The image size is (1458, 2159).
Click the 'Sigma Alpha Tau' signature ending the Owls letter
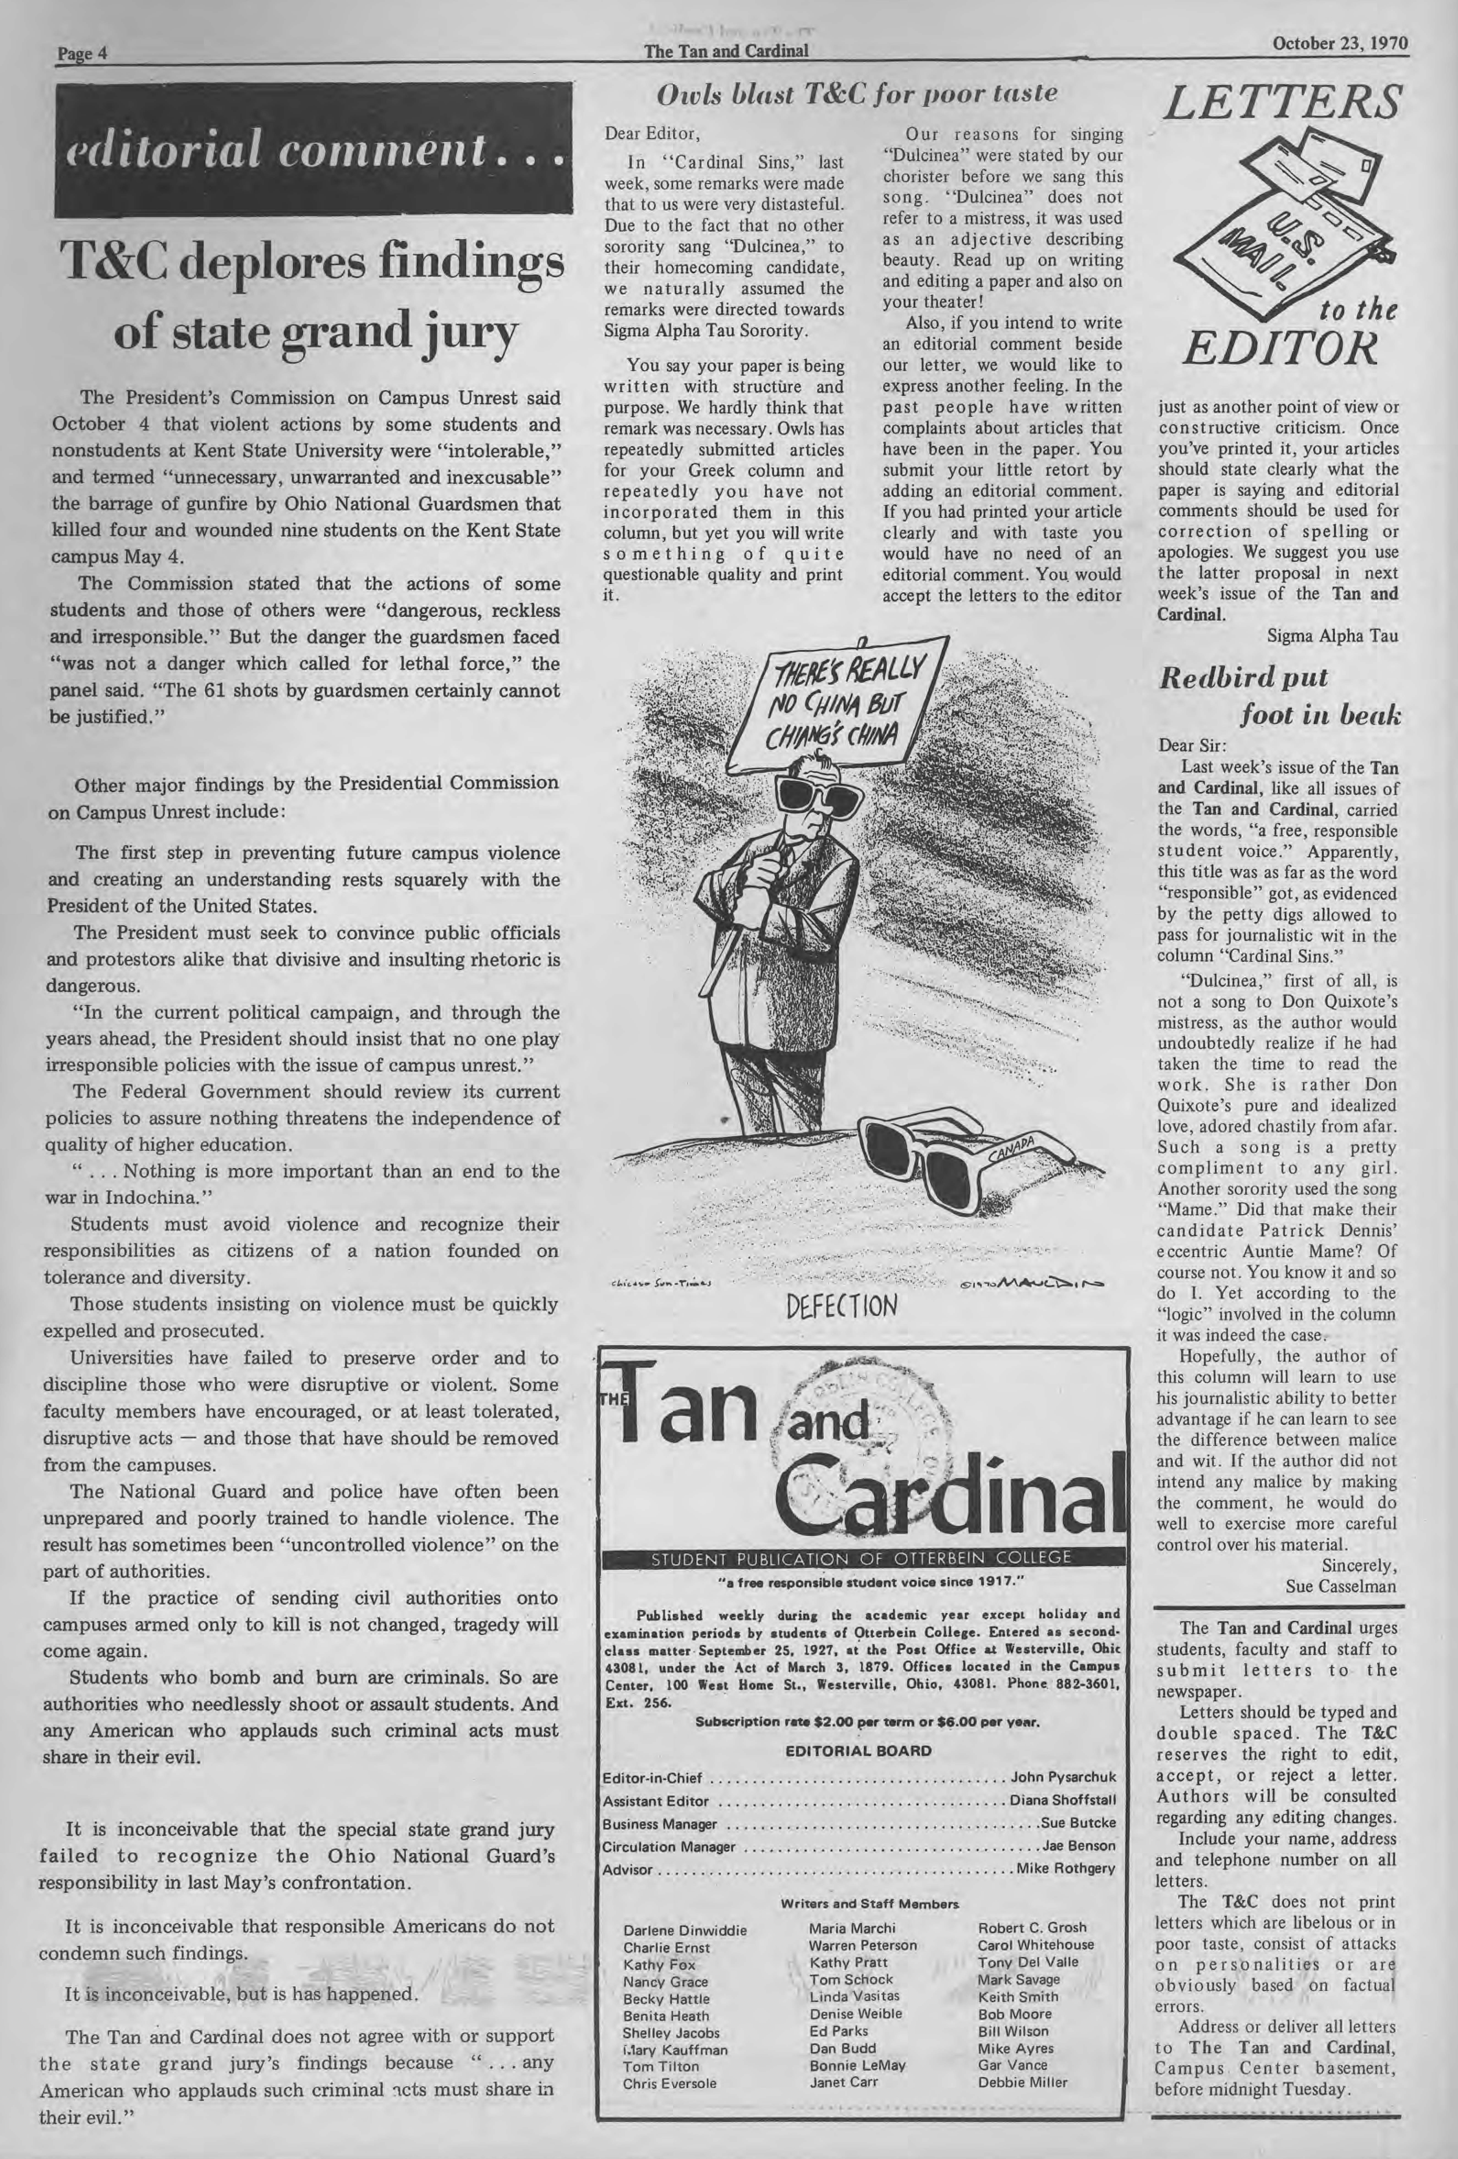1332,636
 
